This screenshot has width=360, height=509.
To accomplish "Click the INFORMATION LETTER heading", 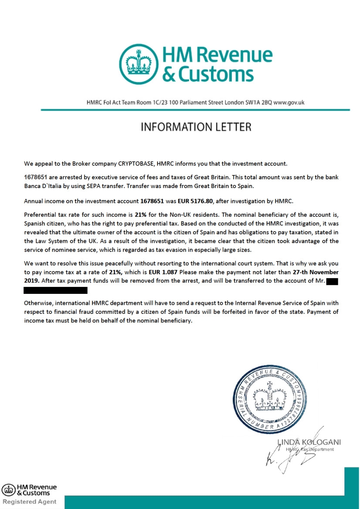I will point(196,127).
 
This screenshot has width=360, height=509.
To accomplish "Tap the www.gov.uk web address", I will point(288,103).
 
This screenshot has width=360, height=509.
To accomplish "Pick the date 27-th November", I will point(313,271).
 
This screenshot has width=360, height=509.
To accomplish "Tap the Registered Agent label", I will point(30,502).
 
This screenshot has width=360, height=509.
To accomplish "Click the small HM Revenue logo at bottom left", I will point(29,490).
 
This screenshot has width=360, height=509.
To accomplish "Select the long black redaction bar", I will point(55,290).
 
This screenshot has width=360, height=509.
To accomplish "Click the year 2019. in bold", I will point(32,281).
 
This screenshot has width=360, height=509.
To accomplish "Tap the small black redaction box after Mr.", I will point(332,281).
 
